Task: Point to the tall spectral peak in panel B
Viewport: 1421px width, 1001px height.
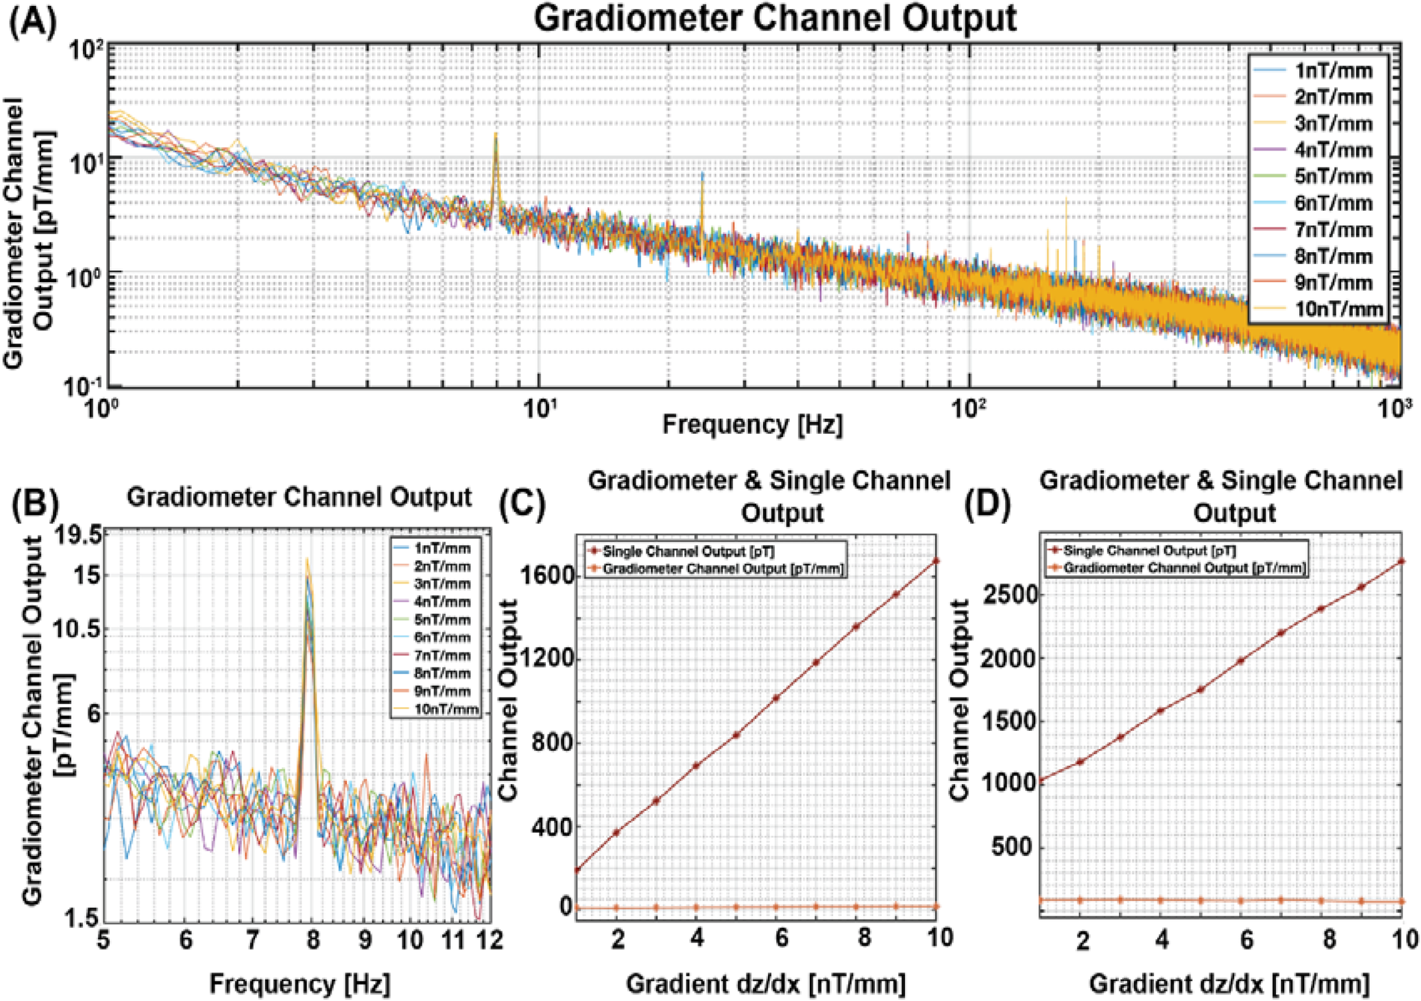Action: [x=307, y=569]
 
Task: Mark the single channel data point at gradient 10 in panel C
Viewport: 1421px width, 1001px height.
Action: [x=936, y=560]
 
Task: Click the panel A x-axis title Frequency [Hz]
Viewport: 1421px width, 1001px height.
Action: [x=752, y=424]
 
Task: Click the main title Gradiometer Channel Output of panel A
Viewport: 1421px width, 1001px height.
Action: [x=775, y=19]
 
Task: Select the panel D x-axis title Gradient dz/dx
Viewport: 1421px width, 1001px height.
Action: [x=1229, y=983]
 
